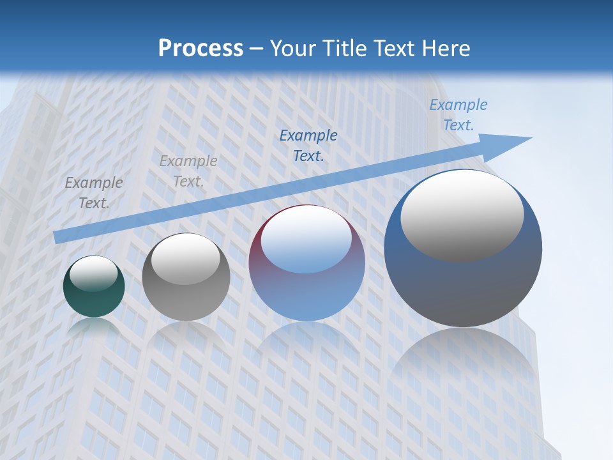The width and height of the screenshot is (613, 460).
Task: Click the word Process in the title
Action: pyautogui.click(x=201, y=49)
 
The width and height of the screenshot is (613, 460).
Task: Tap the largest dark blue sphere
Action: pyautogui.click(x=463, y=287)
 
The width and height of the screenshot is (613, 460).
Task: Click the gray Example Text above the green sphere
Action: pyautogui.click(x=94, y=192)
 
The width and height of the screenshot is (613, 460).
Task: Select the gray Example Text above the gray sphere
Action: pyautogui.click(x=188, y=171)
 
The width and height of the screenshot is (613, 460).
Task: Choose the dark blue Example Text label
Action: pyautogui.click(x=308, y=145)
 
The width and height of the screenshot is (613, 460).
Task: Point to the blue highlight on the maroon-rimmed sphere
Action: pyautogui.click(x=306, y=240)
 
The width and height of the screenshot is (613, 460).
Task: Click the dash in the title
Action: pyautogui.click(x=257, y=49)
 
